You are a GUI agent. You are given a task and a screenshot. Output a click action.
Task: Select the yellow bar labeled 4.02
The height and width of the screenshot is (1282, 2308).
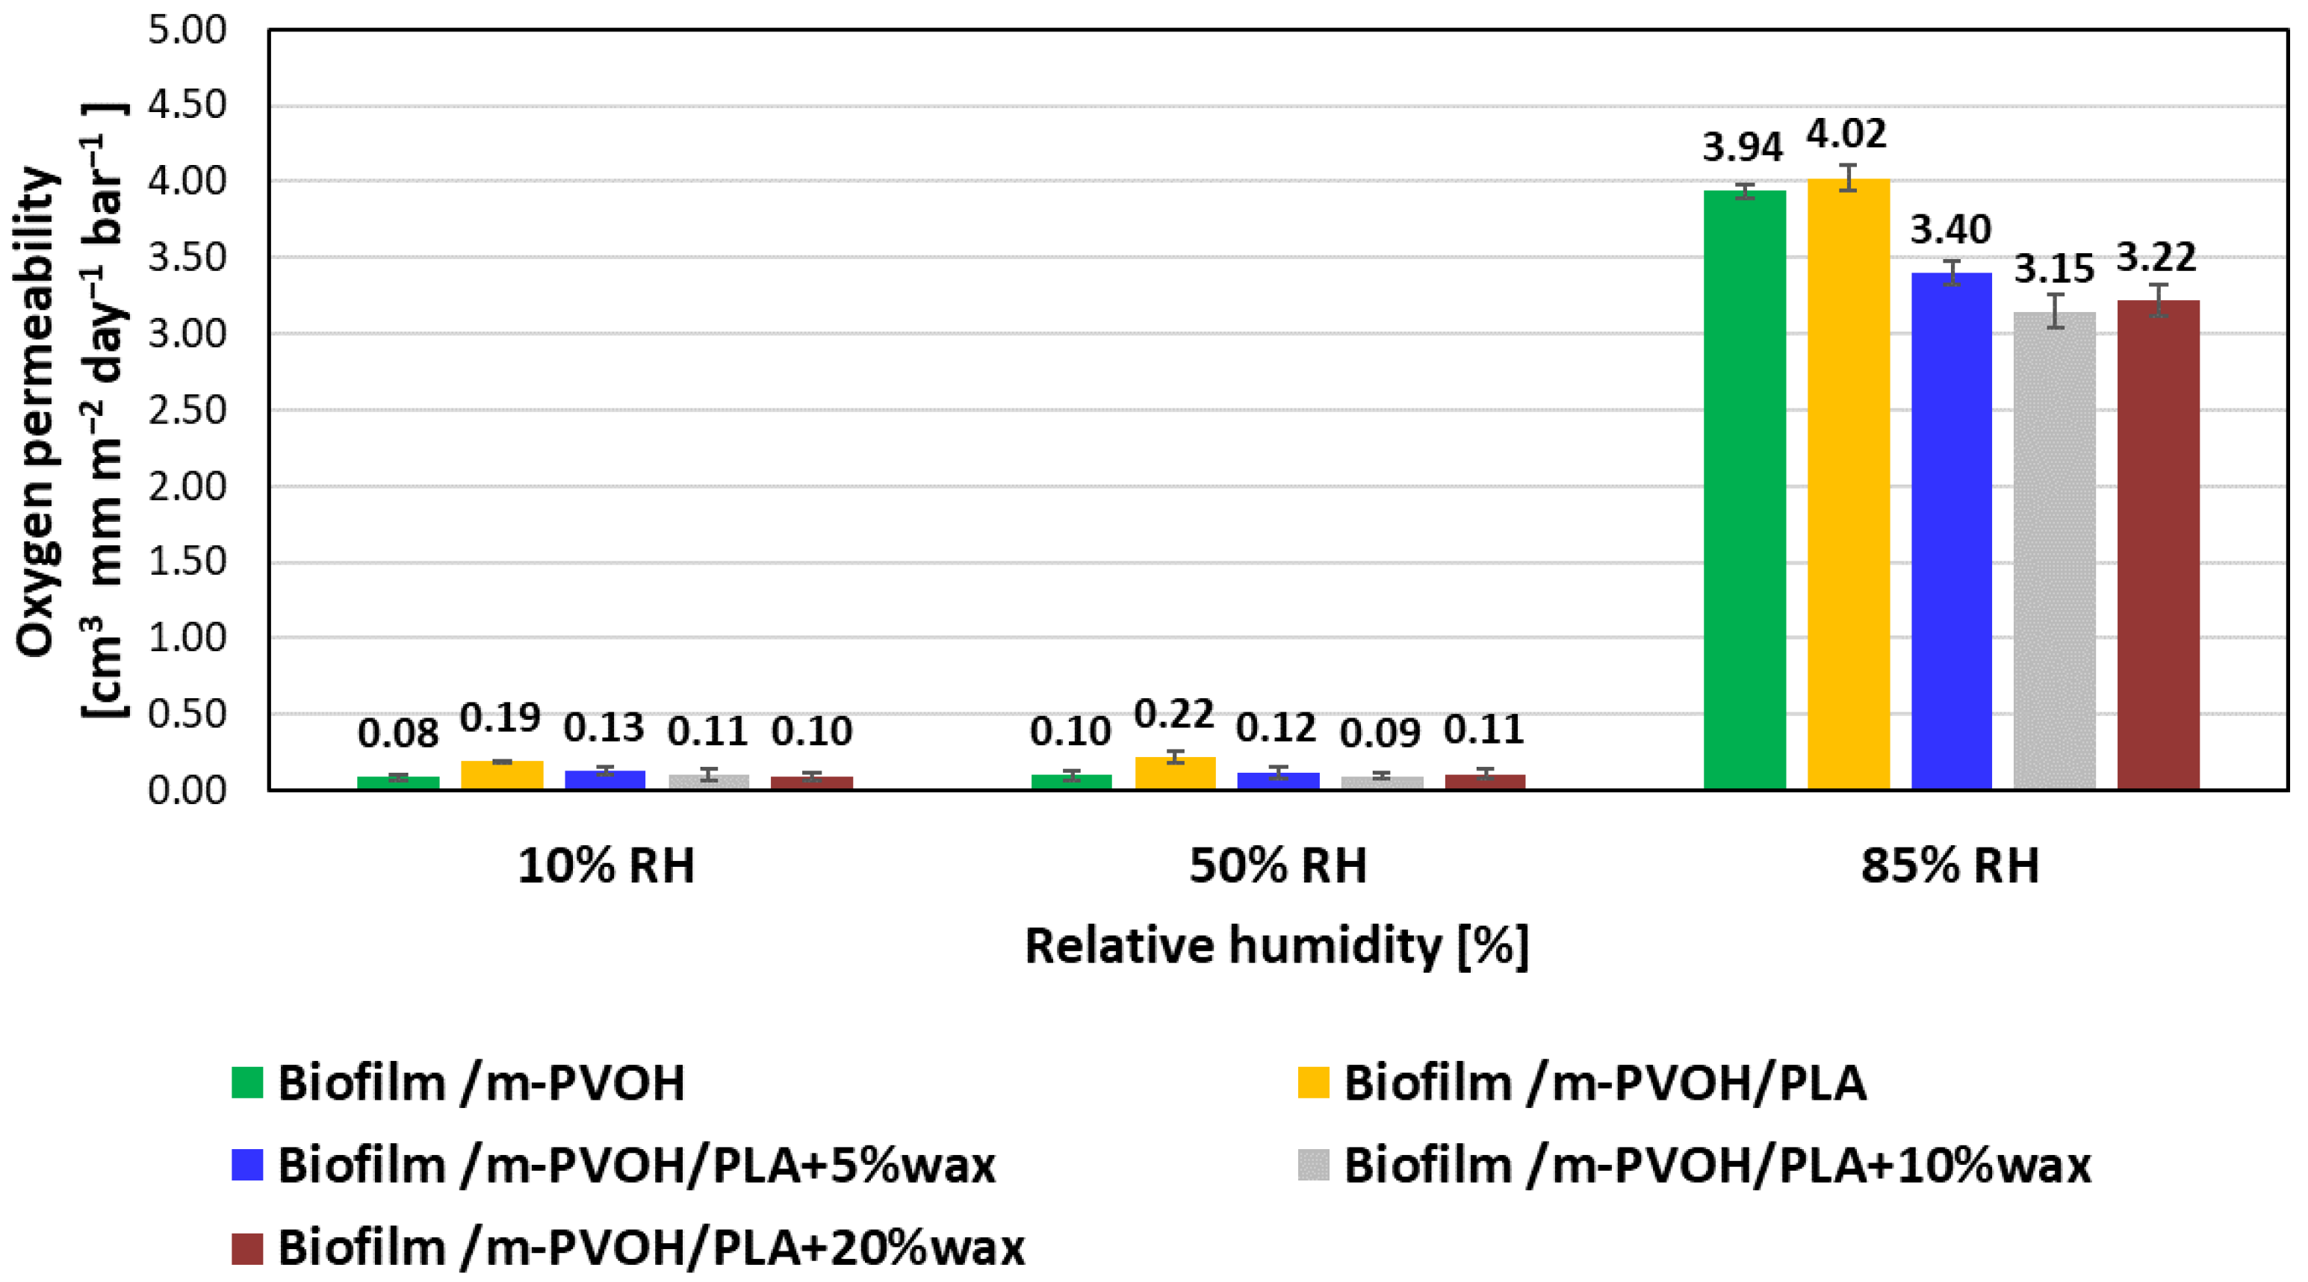(1847, 484)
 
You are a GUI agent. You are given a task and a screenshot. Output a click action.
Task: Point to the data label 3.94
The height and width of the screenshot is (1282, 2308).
(1743, 148)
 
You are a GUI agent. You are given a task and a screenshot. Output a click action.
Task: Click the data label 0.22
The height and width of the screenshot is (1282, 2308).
(1173, 715)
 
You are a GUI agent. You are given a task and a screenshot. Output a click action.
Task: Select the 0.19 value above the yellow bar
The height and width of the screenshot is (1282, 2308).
(501, 718)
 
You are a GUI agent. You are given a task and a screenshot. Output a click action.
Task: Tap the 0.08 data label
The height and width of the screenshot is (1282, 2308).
(398, 735)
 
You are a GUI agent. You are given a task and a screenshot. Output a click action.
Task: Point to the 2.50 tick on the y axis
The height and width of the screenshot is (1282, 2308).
(187, 411)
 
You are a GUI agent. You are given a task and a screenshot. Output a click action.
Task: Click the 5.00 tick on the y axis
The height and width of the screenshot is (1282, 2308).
(187, 31)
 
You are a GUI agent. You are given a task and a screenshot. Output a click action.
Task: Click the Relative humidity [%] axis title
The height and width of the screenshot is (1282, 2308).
(1276, 947)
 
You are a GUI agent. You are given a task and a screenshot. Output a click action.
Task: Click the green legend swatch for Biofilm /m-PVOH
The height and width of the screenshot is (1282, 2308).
(246, 1082)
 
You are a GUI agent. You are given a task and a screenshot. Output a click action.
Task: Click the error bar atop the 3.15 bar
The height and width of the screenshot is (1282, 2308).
(2056, 311)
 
